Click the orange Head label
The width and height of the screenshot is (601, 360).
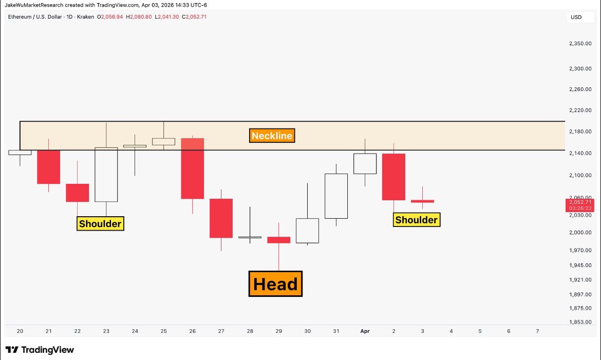275,284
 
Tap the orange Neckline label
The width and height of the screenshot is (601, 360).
272,136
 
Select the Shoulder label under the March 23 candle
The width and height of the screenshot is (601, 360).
101,223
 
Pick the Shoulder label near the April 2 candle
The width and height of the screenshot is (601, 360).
416,220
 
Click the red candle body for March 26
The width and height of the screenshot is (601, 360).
193,168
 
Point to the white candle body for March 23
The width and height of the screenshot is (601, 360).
106,175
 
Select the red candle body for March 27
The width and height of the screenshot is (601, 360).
221,218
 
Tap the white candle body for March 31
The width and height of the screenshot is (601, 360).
336,196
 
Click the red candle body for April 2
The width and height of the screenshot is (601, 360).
393,177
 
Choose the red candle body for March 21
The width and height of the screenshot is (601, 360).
49,167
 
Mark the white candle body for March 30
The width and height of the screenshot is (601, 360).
307,231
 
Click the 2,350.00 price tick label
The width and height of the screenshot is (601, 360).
580,44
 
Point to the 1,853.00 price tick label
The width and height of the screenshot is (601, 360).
580,322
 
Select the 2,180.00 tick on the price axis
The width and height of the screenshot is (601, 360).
580,132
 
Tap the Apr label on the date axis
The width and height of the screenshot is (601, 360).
365,331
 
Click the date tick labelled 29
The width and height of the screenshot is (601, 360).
278,331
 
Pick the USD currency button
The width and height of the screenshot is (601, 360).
576,17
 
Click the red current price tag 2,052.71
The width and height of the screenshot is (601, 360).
580,205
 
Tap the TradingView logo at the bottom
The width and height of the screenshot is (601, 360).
40,350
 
